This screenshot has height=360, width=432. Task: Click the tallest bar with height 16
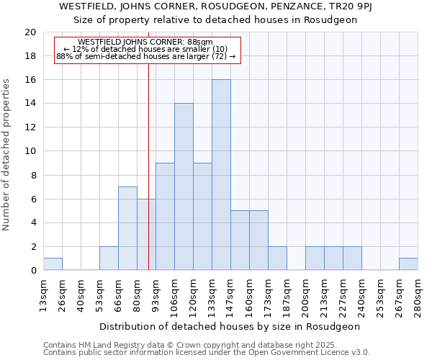[x=221, y=175]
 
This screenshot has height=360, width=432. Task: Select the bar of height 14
[x=184, y=187]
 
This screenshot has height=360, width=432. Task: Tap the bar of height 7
[x=127, y=228]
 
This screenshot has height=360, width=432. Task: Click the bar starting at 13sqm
[x=53, y=264]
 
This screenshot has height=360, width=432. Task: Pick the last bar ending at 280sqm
[x=408, y=264]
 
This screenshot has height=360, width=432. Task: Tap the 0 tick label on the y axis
[x=33, y=271]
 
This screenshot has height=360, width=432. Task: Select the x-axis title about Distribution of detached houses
[x=230, y=326]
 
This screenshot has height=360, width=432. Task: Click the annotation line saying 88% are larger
[x=146, y=57]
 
